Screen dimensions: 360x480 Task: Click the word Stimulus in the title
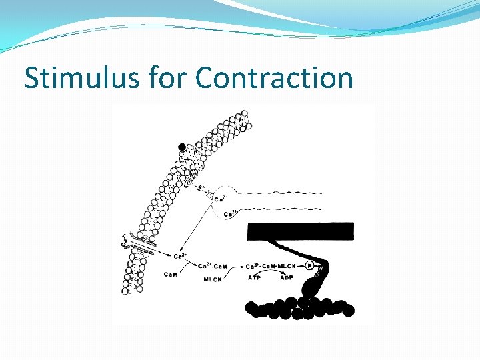tap(81, 78)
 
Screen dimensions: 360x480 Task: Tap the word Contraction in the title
tap(274, 78)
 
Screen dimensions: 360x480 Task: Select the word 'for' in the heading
tap(167, 78)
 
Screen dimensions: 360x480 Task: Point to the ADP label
tap(287, 277)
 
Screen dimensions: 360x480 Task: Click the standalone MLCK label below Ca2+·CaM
tap(213, 279)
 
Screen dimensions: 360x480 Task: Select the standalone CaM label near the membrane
tap(171, 273)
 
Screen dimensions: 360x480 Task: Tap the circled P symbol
tap(309, 266)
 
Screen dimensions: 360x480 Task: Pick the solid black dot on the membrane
tap(182, 147)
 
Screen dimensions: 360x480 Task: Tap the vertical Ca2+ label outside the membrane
tap(125, 239)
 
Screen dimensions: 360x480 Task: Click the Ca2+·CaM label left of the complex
tap(213, 266)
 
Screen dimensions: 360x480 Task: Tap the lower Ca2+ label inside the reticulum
tap(229, 213)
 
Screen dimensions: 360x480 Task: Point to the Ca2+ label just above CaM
tap(179, 256)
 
